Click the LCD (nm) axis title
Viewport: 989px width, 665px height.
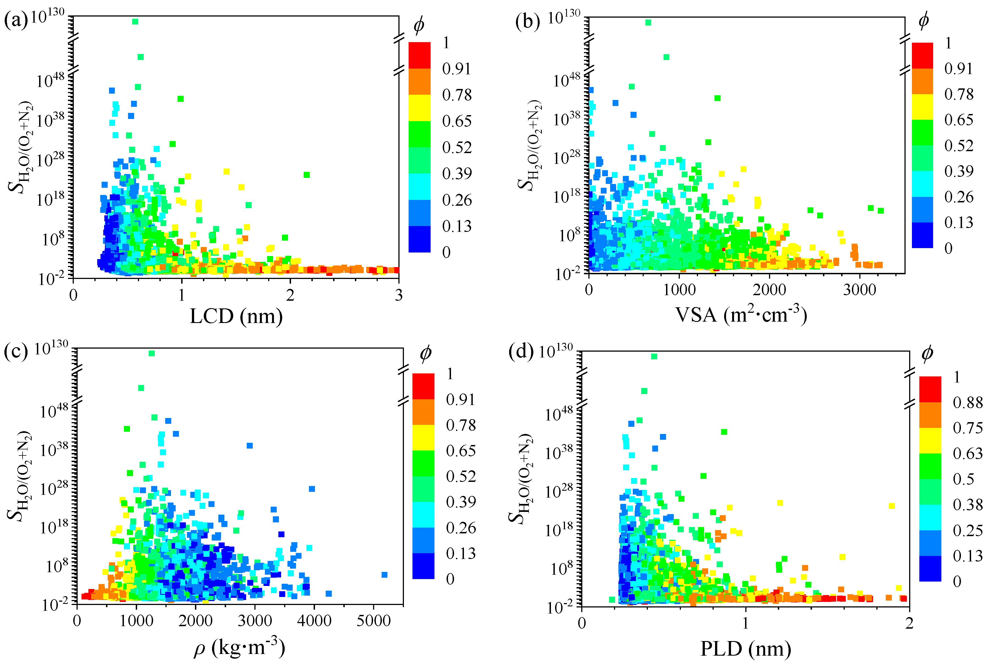click(x=236, y=316)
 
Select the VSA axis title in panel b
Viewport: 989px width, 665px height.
click(x=740, y=314)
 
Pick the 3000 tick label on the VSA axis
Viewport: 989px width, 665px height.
click(x=859, y=290)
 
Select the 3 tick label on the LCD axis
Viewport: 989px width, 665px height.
click(x=398, y=295)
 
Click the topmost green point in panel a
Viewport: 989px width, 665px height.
click(x=135, y=22)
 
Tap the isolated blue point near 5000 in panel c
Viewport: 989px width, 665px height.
click(x=384, y=575)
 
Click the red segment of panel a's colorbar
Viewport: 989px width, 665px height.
click(x=419, y=55)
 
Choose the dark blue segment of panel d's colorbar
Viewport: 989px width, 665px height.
click(x=930, y=568)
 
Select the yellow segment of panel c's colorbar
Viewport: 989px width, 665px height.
click(x=423, y=437)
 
